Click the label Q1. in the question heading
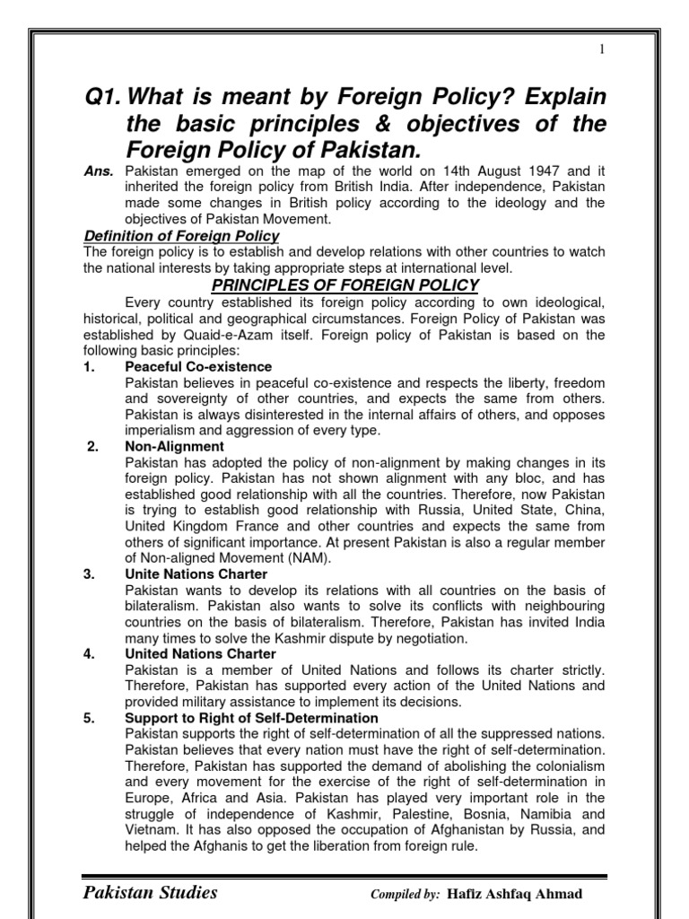[100, 96]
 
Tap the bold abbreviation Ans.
[99, 171]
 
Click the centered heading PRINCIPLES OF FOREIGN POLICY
[344, 285]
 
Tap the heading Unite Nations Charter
[196, 573]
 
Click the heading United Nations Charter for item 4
[200, 653]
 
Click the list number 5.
[89, 718]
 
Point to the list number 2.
[92, 446]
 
